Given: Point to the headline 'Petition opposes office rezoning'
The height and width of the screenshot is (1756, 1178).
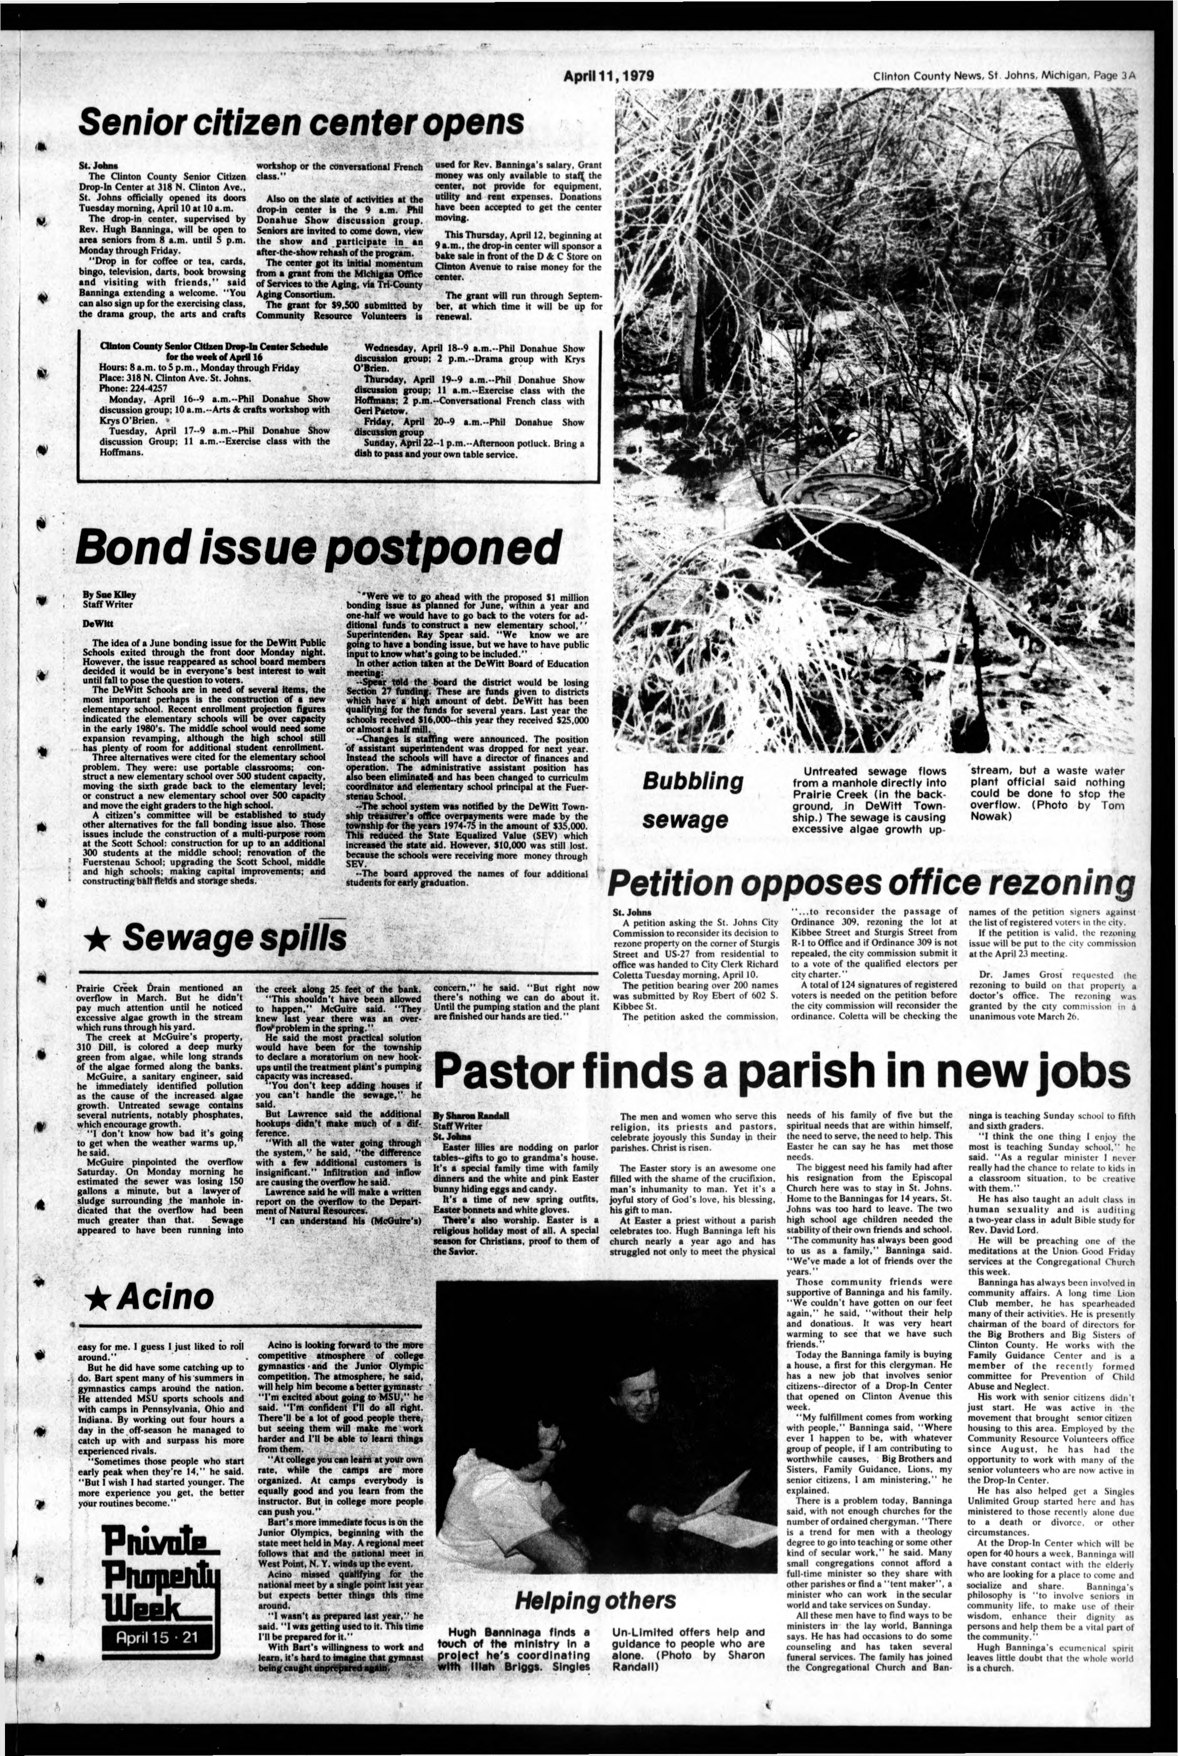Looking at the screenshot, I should [x=871, y=882].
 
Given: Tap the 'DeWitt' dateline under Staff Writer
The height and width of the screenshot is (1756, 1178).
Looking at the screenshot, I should [x=94, y=623].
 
